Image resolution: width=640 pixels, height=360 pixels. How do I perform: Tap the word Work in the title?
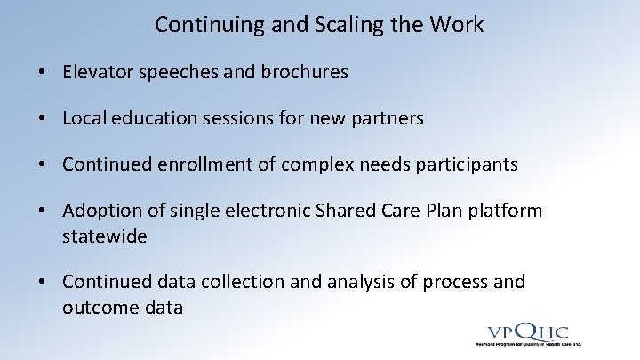(x=456, y=25)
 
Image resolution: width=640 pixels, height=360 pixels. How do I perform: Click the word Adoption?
(x=99, y=211)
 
